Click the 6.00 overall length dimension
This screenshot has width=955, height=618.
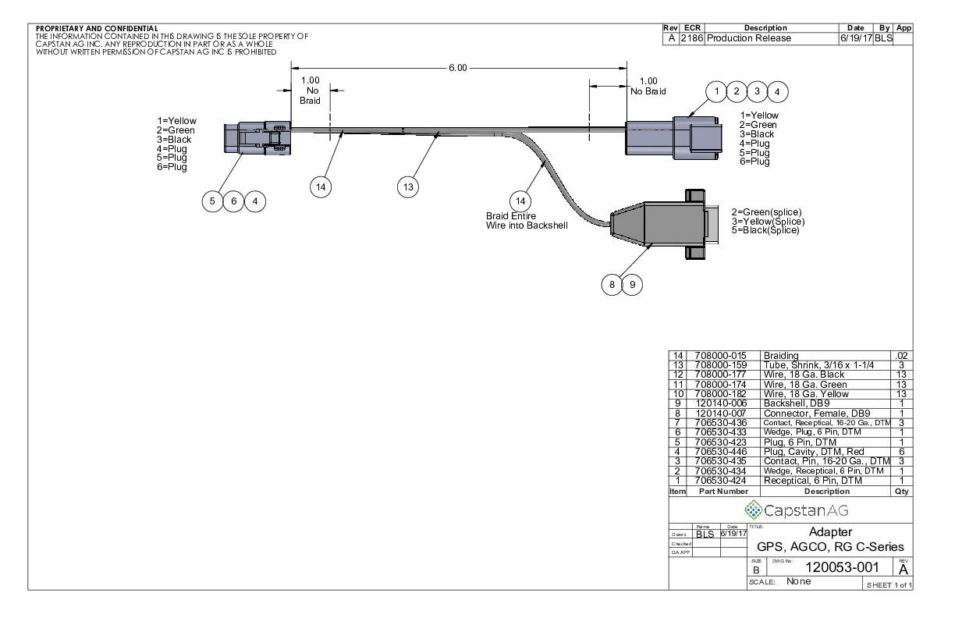[x=457, y=68]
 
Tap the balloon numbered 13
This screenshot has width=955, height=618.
[x=407, y=186]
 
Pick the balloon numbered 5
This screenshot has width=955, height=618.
[x=212, y=201]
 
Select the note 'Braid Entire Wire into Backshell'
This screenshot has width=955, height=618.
[x=526, y=220]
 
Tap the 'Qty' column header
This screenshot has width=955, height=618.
[x=902, y=492]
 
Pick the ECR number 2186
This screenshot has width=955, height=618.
[x=692, y=38]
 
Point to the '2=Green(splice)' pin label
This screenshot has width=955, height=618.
[x=766, y=212]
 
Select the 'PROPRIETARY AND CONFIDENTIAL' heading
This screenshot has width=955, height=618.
[x=97, y=29]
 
